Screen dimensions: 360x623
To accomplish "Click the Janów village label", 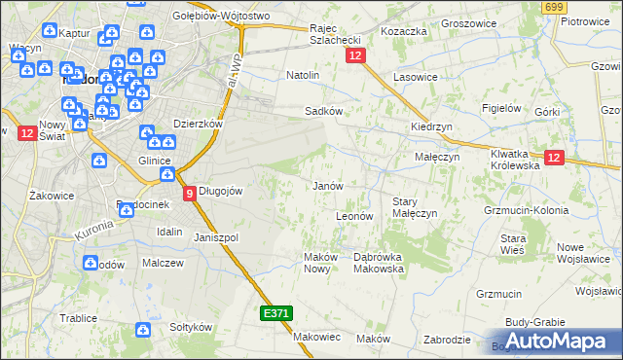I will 328,185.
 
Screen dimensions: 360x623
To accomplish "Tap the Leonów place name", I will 354,216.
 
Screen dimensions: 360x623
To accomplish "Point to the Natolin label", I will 303,74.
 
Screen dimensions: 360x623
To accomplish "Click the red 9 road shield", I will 190,193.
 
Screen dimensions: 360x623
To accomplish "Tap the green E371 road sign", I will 275,313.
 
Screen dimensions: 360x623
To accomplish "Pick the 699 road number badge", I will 555,8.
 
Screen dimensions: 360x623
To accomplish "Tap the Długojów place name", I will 220,191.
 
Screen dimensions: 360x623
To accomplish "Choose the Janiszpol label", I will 216,237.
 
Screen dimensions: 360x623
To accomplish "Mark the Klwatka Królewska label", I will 515,160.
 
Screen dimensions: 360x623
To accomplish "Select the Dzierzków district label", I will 198,124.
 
